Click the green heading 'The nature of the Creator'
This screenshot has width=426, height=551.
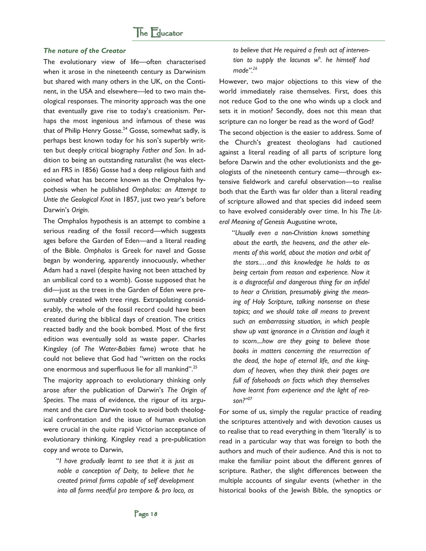tap(84, 51)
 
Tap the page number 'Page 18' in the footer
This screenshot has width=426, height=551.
tap(146, 514)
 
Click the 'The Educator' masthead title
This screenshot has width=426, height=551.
tap(158, 33)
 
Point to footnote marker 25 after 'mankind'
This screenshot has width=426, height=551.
tap(195, 367)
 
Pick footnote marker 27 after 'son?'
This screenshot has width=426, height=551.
tap(250, 399)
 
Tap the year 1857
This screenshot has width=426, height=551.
tap(129, 200)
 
